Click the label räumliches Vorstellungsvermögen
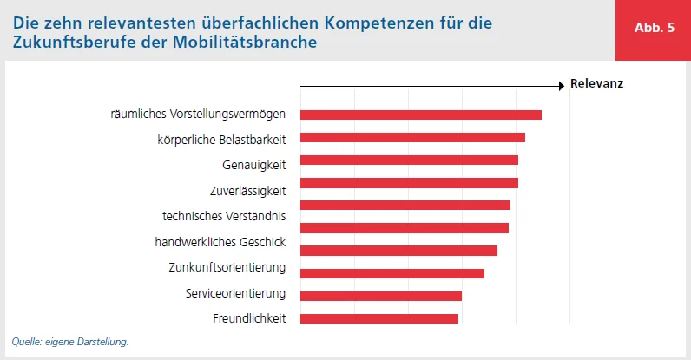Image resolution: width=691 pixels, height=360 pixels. pos(204,115)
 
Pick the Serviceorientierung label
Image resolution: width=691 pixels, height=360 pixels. pos(235,293)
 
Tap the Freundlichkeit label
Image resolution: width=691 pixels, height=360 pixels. pos(249,318)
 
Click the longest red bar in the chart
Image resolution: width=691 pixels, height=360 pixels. pos(420,115)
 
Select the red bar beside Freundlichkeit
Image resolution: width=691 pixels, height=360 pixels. pos(378,318)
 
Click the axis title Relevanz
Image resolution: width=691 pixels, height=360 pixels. pos(596,85)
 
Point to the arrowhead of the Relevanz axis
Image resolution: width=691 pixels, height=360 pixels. pos(561,85)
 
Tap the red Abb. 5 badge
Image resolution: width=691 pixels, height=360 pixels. pos(654,28)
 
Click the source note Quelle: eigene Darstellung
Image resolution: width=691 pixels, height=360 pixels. pos(70,342)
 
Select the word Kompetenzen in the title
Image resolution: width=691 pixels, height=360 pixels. pos(384,21)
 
